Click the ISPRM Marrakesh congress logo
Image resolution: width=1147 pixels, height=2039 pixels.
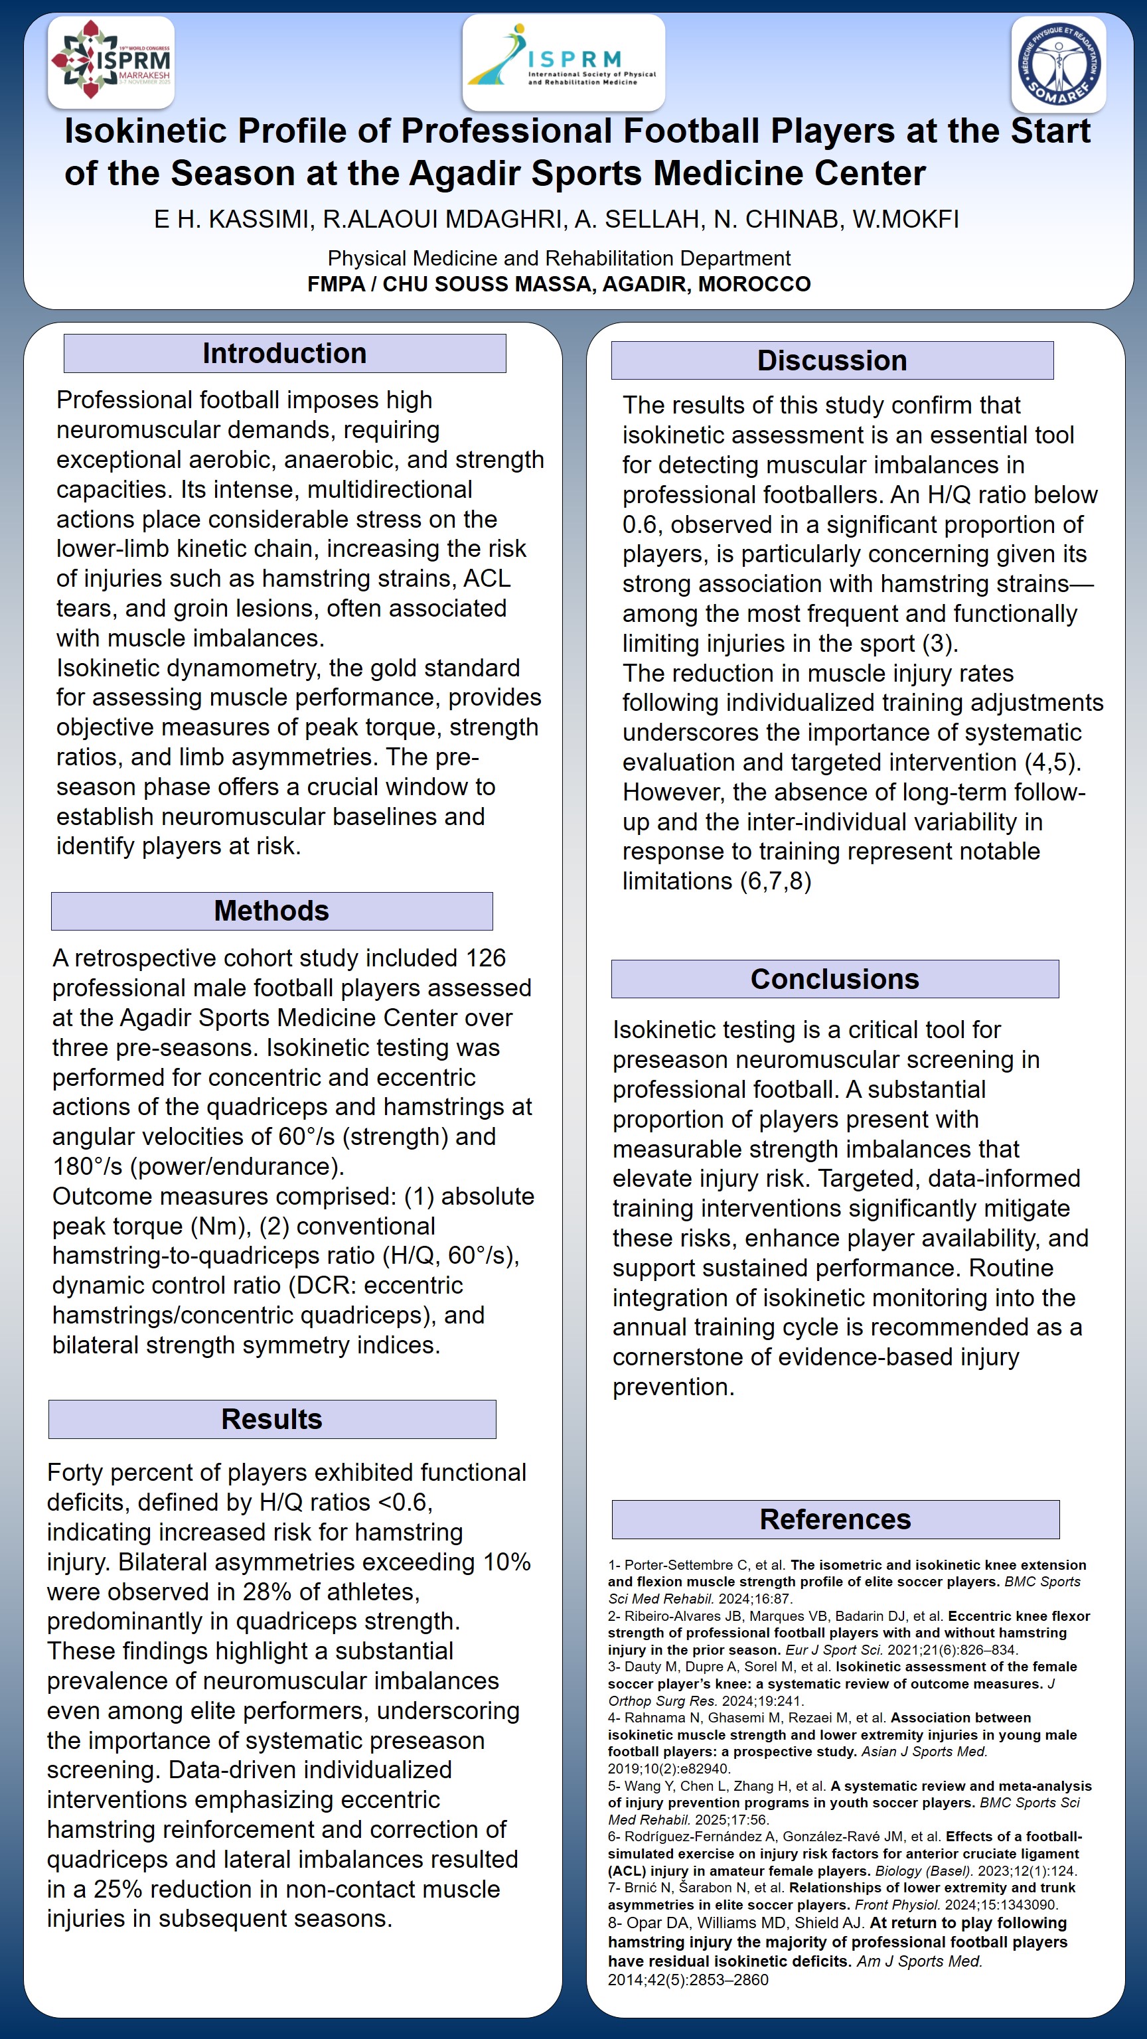(111, 62)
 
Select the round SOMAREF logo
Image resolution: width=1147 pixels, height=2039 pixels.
(1058, 63)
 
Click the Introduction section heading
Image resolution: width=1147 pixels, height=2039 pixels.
(284, 353)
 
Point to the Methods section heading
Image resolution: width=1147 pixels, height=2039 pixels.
(271, 911)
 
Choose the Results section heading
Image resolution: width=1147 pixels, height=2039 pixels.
(271, 1419)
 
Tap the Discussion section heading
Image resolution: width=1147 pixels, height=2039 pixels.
(832, 360)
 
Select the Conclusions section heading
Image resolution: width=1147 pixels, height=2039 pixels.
(834, 979)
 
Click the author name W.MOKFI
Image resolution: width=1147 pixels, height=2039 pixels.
(905, 219)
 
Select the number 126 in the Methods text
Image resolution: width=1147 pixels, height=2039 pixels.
(485, 958)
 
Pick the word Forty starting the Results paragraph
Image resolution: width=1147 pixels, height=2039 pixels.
(75, 1472)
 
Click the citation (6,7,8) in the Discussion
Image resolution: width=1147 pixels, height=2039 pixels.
(775, 881)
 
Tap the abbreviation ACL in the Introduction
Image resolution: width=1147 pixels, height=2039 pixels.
(487, 579)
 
